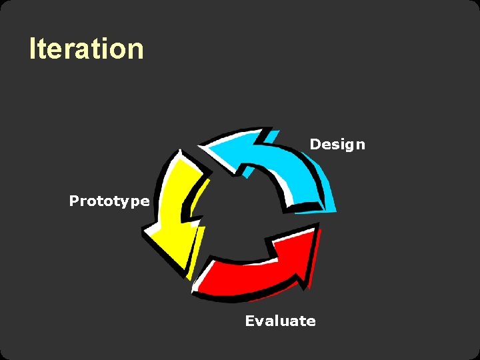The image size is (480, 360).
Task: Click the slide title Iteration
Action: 86,49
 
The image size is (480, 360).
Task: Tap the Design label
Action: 337,145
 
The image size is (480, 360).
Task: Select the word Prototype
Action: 109,201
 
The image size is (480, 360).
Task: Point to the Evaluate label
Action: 280,321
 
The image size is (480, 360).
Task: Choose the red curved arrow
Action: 260,267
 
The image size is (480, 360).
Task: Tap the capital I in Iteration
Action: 32,49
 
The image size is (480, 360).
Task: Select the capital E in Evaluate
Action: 250,321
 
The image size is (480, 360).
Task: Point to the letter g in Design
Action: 350,146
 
